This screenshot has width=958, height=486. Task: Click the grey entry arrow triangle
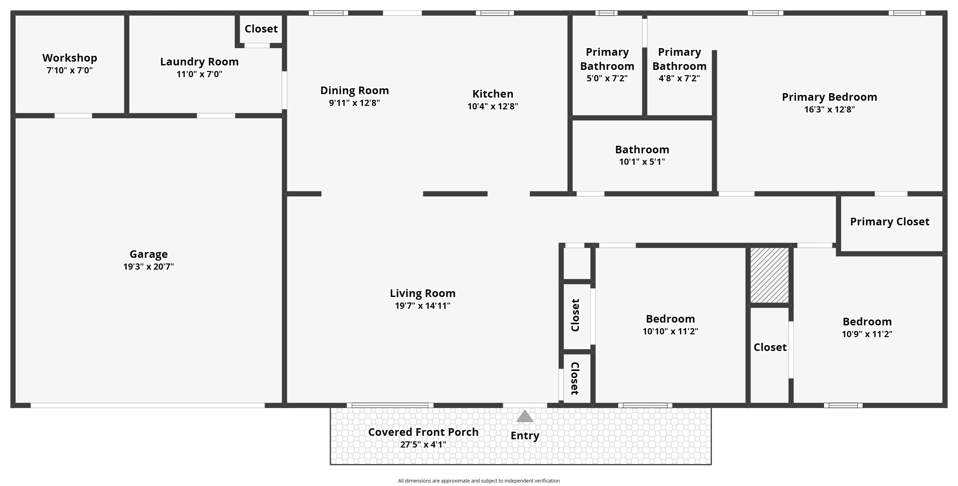[525, 416]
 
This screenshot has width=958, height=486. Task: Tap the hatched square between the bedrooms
[770, 275]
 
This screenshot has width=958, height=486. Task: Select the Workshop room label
[70, 58]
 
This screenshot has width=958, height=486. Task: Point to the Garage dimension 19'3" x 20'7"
[149, 267]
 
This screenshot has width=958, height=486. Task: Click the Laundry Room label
[199, 62]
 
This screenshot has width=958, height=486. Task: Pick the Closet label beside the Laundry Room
[261, 29]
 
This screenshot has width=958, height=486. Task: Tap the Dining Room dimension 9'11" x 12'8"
[354, 103]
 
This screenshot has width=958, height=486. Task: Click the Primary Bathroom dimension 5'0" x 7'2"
[607, 78]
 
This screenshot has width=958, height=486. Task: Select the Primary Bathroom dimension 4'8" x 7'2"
[679, 78]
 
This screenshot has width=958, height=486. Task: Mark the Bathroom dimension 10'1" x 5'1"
[642, 162]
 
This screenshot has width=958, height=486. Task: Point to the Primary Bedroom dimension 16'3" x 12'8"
[829, 109]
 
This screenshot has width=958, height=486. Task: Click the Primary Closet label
[890, 222]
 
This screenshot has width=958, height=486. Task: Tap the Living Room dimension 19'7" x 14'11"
[422, 306]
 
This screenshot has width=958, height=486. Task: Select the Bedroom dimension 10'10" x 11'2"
[670, 331]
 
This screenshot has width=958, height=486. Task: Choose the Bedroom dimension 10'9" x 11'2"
[867, 334]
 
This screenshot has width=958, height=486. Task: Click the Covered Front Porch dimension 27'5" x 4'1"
[423, 444]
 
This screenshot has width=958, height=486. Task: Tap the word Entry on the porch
[525, 436]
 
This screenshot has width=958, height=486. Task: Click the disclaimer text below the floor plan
[478, 481]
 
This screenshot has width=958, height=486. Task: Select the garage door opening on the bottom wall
[148, 405]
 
